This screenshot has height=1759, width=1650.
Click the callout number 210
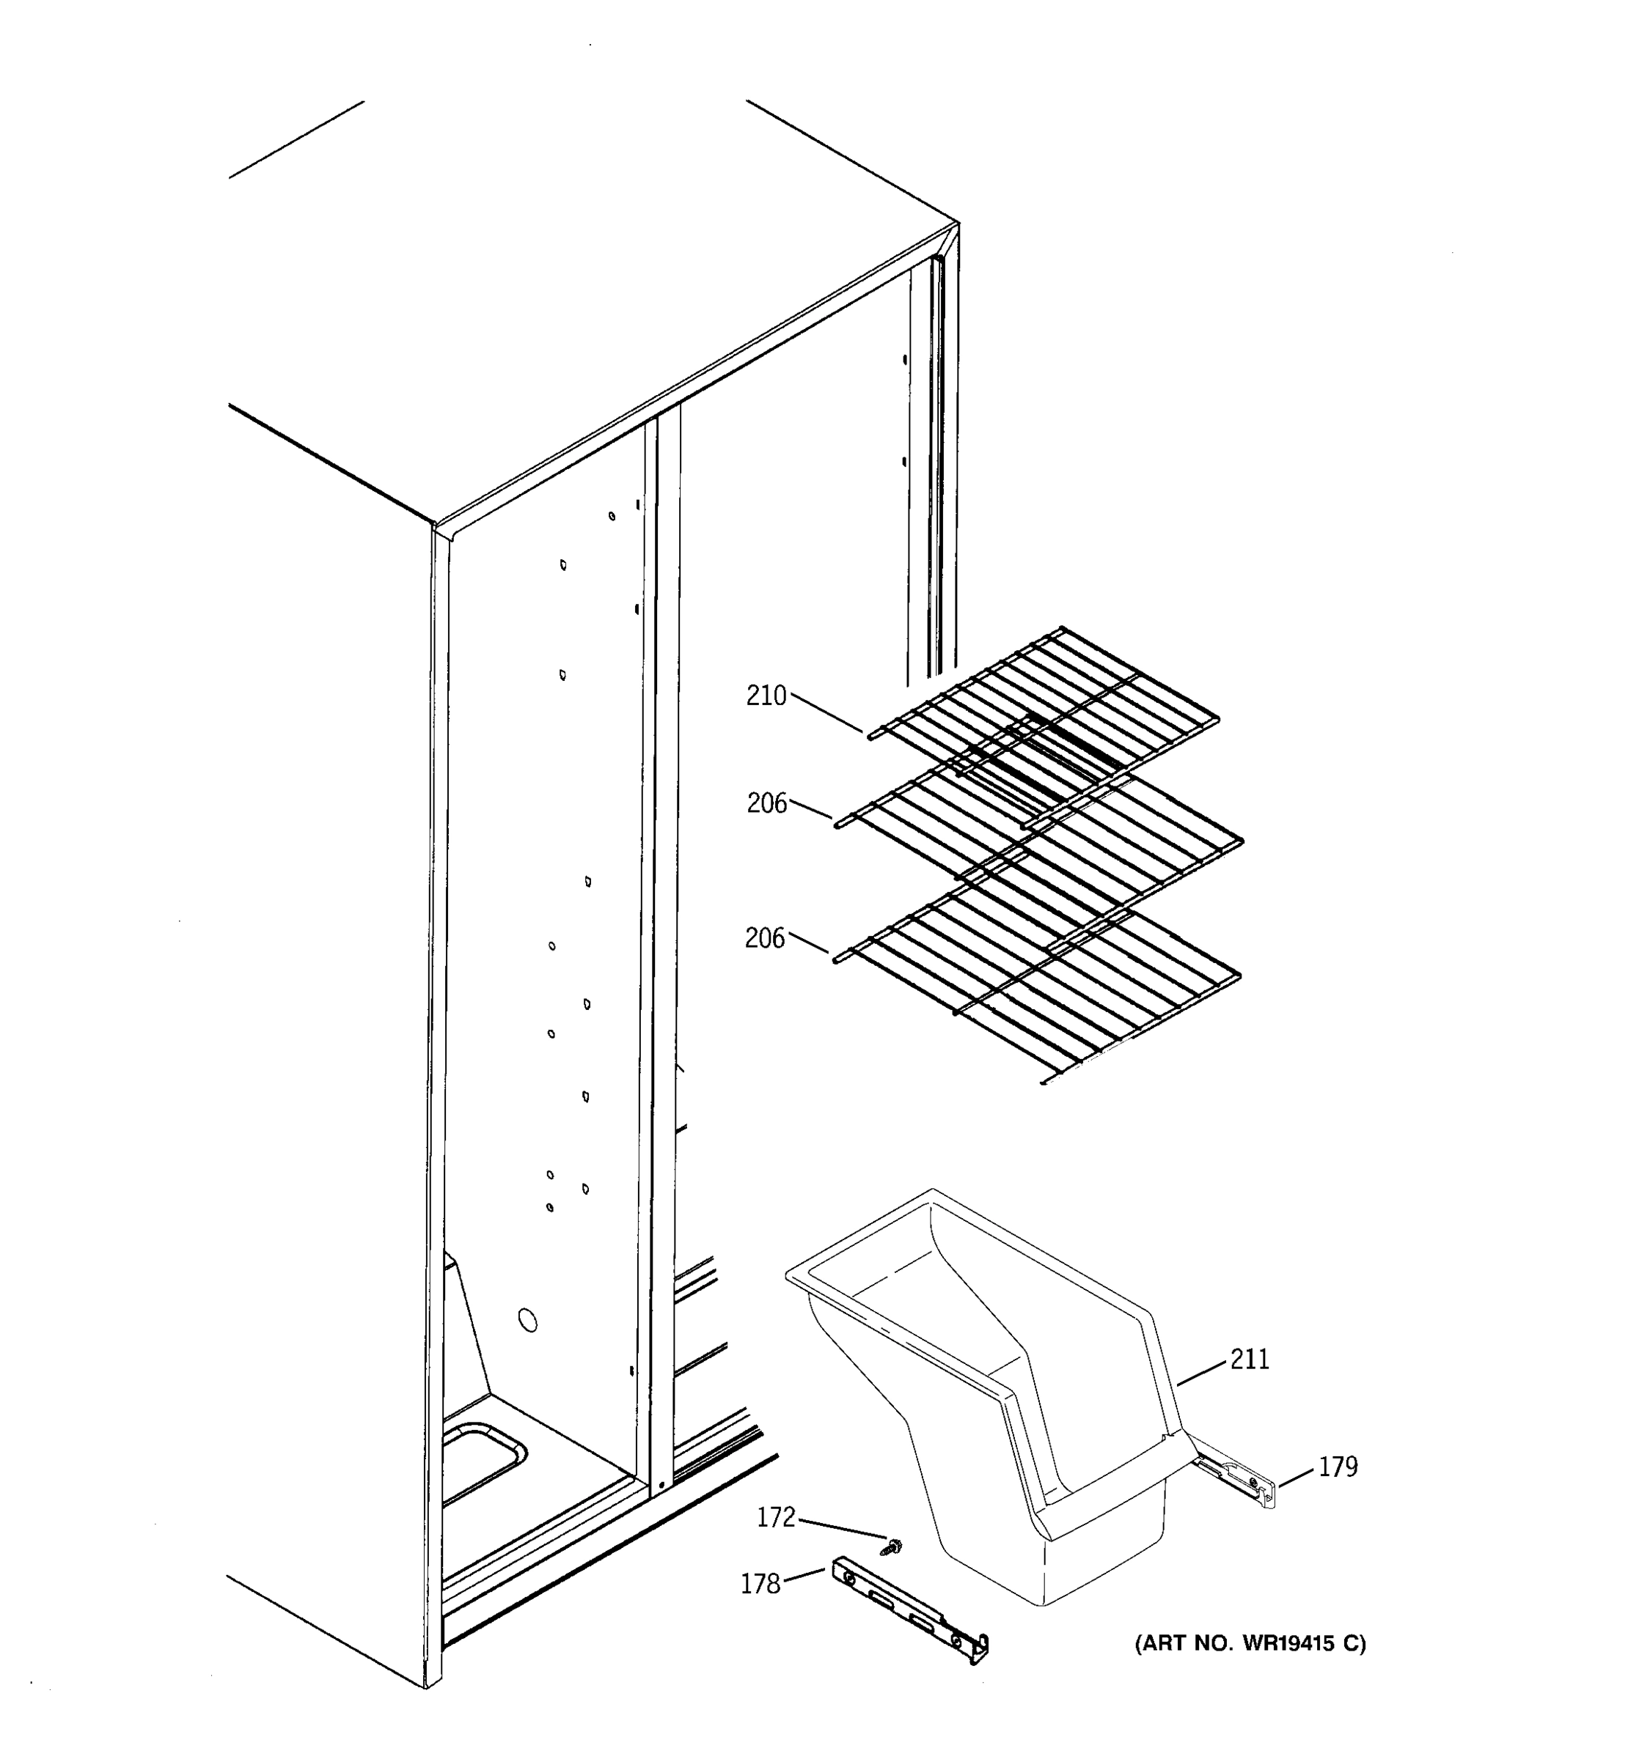pyautogui.click(x=766, y=696)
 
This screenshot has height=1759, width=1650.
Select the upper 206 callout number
pyautogui.click(x=766, y=803)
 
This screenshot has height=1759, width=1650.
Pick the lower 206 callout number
pyautogui.click(x=765, y=938)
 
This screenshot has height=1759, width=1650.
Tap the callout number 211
pyautogui.click(x=1250, y=1359)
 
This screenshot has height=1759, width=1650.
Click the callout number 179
pyautogui.click(x=1338, y=1467)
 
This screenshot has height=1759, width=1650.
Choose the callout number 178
pyautogui.click(x=760, y=1584)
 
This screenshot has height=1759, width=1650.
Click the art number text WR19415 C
pyautogui.click(x=1250, y=1644)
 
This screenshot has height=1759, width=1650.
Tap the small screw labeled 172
pyautogui.click(x=892, y=1546)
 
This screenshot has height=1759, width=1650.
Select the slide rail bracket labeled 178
pyautogui.click(x=912, y=1610)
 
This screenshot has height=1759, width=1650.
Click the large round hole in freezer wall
pyautogui.click(x=527, y=1321)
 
